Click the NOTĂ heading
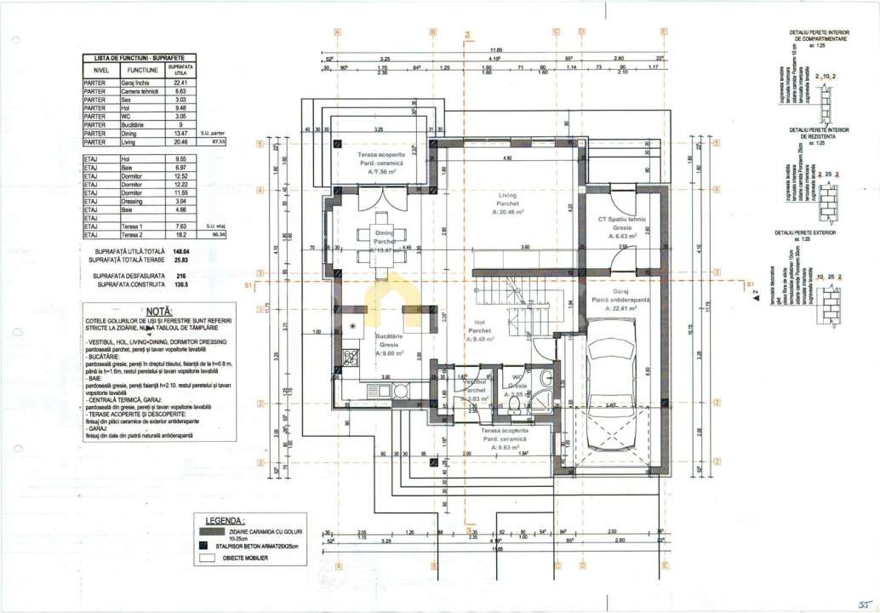(158, 312)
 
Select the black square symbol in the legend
(203, 547)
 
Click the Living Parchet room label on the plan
(507, 204)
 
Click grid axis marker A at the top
(338, 32)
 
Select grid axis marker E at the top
(663, 32)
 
